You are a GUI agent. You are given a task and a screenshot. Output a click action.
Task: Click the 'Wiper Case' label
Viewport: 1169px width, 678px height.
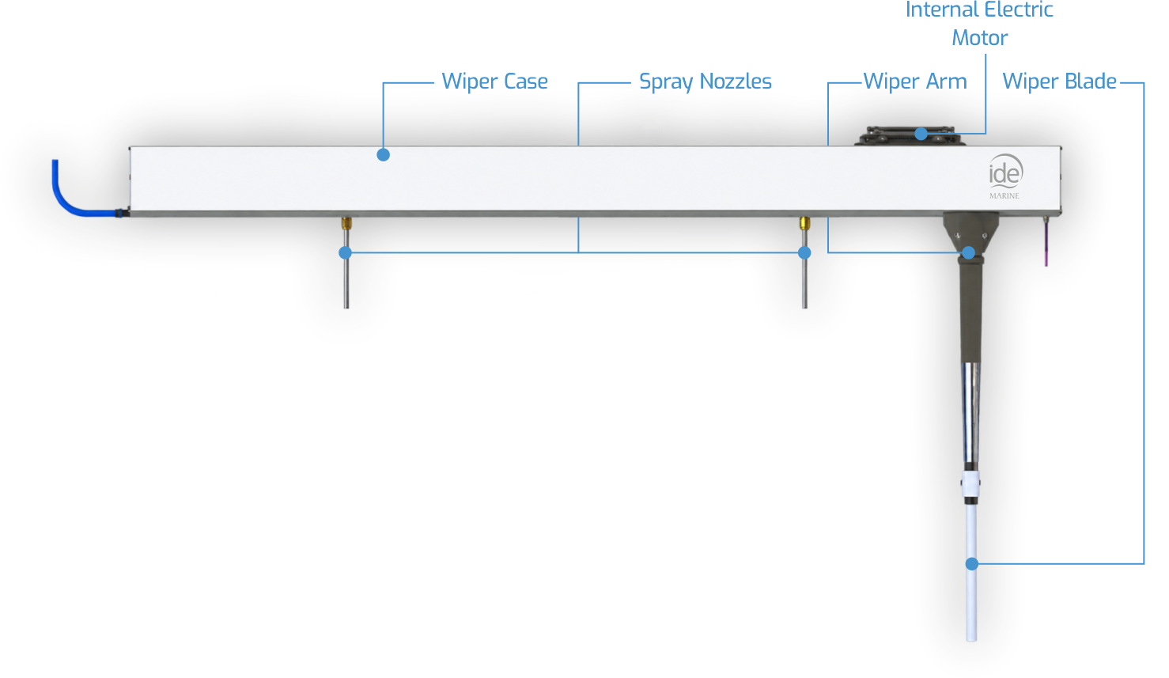click(495, 81)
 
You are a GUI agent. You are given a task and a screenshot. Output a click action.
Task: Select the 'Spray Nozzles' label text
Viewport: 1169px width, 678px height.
click(705, 82)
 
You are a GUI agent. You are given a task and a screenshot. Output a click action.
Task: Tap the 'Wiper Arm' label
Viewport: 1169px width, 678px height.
click(915, 81)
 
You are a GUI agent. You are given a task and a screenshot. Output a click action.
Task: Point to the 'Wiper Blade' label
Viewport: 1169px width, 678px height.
click(1059, 81)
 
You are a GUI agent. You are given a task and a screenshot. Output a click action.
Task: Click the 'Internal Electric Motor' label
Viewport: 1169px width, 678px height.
click(979, 24)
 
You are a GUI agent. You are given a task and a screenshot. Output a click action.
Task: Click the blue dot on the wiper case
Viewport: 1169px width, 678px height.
click(383, 154)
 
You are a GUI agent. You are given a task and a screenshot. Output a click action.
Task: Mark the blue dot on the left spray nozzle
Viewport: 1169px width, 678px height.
click(345, 252)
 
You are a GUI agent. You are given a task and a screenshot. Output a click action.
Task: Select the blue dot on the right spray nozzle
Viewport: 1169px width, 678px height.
click(804, 252)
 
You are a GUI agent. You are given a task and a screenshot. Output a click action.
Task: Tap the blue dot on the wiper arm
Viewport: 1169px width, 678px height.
click(968, 252)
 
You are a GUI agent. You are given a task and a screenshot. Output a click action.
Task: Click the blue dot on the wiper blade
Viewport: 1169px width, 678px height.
click(971, 564)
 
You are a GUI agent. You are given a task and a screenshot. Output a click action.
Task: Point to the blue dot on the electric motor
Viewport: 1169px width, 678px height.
click(921, 134)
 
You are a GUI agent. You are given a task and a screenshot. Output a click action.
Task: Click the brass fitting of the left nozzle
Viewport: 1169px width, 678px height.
click(346, 223)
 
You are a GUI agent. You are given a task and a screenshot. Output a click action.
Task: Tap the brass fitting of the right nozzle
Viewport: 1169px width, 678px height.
click(804, 223)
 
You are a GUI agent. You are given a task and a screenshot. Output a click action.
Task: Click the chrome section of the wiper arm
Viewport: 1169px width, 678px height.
click(970, 412)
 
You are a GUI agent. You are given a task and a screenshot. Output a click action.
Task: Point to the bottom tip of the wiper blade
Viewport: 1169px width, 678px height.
click(971, 640)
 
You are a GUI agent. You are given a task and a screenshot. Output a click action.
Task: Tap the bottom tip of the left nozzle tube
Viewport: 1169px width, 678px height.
click(346, 308)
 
